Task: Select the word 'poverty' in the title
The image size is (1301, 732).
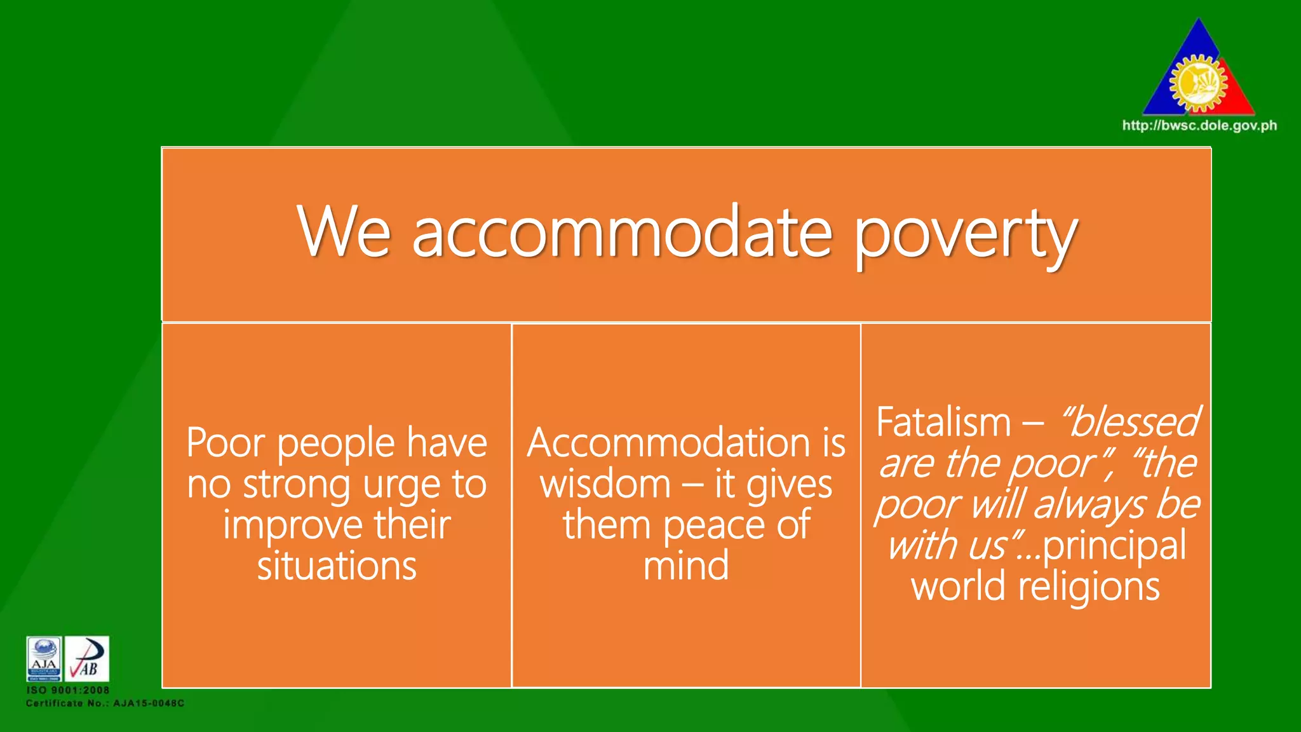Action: pos(966,235)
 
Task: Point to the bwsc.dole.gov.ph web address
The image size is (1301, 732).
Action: pos(1199,126)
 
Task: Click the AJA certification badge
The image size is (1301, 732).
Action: pos(44,659)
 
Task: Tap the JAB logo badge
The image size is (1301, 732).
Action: pos(87,659)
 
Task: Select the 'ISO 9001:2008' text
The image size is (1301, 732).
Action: pos(68,690)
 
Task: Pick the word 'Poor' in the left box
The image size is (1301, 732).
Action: pos(226,443)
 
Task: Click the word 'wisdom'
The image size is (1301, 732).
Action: pos(605,484)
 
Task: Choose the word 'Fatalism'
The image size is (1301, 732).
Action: pos(943,423)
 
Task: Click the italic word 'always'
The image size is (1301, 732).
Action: pos(1089,506)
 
